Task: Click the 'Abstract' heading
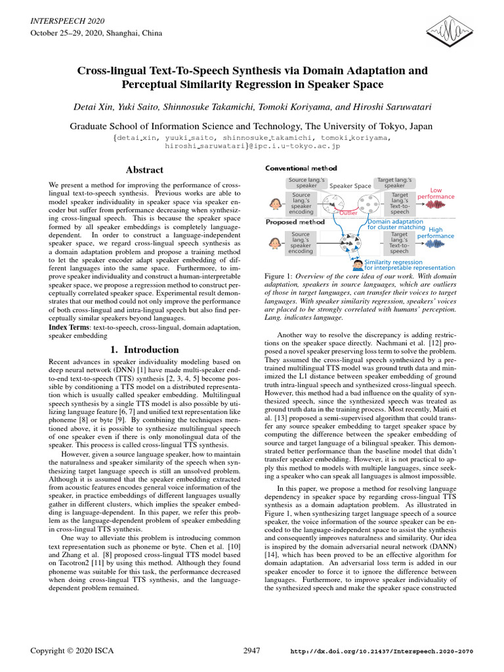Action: (x=145, y=169)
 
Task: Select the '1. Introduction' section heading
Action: (x=142, y=350)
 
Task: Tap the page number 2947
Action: (x=252, y=651)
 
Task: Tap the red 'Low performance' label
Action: (x=436, y=194)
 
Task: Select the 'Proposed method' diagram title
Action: (x=295, y=222)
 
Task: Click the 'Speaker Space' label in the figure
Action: (x=350, y=186)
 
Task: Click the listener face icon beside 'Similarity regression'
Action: (x=358, y=264)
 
